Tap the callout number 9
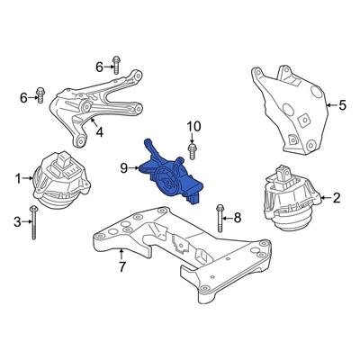coord(124,168)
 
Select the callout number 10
coord(194,126)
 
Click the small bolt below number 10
coord(192,152)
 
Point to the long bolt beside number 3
coord(33,222)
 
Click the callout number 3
coord(18,222)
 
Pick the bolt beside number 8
coord(220,218)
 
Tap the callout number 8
coord(238,218)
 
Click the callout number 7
coord(121,266)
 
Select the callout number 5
coord(342,105)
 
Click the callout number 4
coord(99,131)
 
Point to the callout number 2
coord(337,198)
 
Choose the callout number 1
coord(18,179)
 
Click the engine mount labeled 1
coord(61,180)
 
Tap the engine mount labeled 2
coord(291,199)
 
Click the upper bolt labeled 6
coord(116,65)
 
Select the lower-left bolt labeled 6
coord(40,94)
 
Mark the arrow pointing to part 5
coord(331,105)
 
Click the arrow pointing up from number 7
coord(121,254)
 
